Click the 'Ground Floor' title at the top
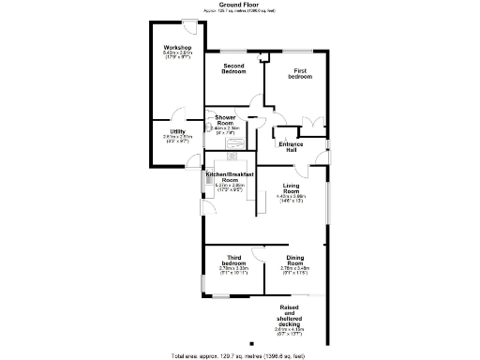click(x=239, y=5)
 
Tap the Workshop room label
click(x=177, y=47)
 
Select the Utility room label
click(x=177, y=131)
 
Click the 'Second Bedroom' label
click(x=233, y=68)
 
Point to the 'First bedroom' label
click(x=299, y=73)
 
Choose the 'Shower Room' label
click(x=225, y=120)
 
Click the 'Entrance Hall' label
click(x=292, y=147)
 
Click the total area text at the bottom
click(x=239, y=355)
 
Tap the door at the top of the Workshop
click(x=190, y=22)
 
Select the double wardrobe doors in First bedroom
click(x=313, y=123)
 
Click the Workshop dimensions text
click(x=177, y=56)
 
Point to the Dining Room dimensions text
click(x=295, y=271)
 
